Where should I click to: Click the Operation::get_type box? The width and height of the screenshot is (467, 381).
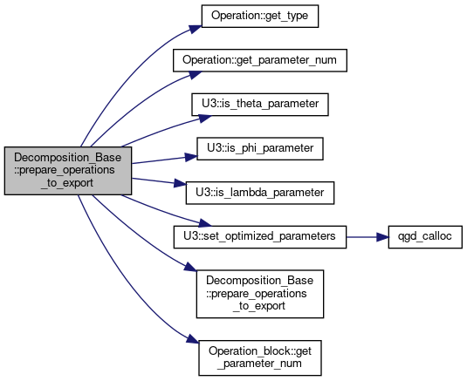(x=260, y=16)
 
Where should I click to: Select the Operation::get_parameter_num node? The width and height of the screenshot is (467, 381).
(x=260, y=60)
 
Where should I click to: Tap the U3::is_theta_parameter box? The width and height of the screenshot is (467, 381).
(x=260, y=105)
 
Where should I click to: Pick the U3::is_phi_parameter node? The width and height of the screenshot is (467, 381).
(x=260, y=149)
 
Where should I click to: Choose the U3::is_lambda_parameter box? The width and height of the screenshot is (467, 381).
(x=260, y=193)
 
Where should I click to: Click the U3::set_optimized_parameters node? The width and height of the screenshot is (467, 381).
(x=260, y=237)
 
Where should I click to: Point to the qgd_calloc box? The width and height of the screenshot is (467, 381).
(x=425, y=237)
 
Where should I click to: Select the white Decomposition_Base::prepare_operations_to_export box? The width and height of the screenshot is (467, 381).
(x=260, y=294)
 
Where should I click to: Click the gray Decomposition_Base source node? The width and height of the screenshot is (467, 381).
(x=68, y=171)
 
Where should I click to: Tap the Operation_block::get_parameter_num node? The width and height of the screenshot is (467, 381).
(x=260, y=357)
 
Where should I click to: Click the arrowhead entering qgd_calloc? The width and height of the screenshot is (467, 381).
(x=382, y=237)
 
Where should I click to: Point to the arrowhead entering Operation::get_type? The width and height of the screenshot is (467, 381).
(x=196, y=29)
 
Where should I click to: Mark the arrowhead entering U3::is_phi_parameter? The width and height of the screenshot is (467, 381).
(x=191, y=157)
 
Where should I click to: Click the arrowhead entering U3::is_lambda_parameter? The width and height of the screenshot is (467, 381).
(x=180, y=183)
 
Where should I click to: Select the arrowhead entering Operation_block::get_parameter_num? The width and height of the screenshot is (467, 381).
(x=192, y=339)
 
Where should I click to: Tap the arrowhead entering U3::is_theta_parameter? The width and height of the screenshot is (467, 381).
(x=205, y=118)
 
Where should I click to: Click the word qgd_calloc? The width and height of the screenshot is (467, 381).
(x=425, y=237)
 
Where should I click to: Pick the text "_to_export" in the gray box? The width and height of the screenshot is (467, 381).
(x=67, y=183)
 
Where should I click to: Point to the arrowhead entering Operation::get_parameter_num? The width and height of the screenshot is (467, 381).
(x=196, y=74)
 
